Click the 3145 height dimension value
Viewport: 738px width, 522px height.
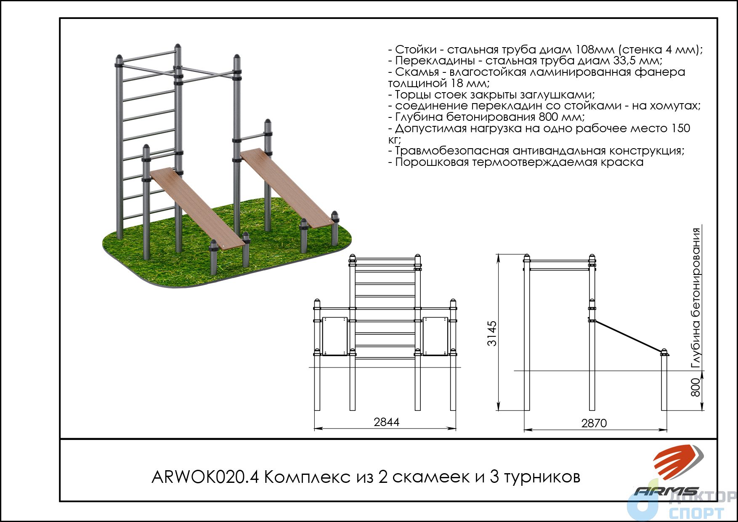[492, 333]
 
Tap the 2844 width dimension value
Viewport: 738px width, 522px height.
[386, 422]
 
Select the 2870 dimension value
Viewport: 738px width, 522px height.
[594, 423]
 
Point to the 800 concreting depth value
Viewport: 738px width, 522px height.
[696, 387]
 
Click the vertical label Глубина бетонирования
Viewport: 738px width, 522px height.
[696, 298]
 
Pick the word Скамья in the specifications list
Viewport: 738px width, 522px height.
[417, 72]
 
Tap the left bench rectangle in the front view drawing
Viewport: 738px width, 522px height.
[335, 336]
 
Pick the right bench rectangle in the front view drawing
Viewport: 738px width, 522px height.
[435, 336]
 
